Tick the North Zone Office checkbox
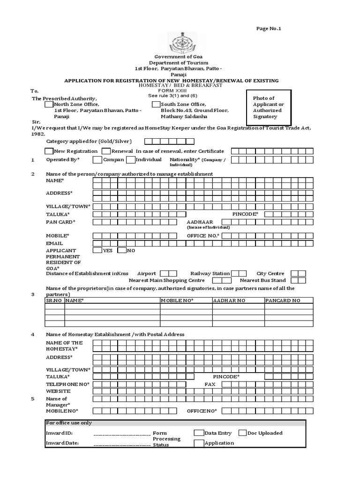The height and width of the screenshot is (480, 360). click(x=49, y=105)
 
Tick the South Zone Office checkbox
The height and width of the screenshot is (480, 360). click(x=156, y=105)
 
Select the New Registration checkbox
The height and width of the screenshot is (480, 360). click(x=49, y=151)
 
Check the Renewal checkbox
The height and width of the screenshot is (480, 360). click(x=106, y=151)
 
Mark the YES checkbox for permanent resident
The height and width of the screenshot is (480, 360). click(x=97, y=250)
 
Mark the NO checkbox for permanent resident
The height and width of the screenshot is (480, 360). click(x=122, y=250)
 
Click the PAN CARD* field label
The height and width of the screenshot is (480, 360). click(x=60, y=222)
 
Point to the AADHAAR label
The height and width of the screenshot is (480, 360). click(x=200, y=222)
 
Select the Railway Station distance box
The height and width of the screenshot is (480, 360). click(x=239, y=273)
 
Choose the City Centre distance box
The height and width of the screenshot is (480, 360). click(x=298, y=273)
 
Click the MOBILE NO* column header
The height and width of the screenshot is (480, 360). click(x=177, y=300)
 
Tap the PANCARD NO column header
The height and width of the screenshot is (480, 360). click(x=283, y=300)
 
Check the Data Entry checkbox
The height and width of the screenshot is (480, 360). click(x=199, y=433)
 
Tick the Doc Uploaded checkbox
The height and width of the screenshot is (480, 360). click(x=243, y=433)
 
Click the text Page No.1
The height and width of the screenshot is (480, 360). click(x=269, y=29)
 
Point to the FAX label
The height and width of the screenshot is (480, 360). click(x=210, y=384)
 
